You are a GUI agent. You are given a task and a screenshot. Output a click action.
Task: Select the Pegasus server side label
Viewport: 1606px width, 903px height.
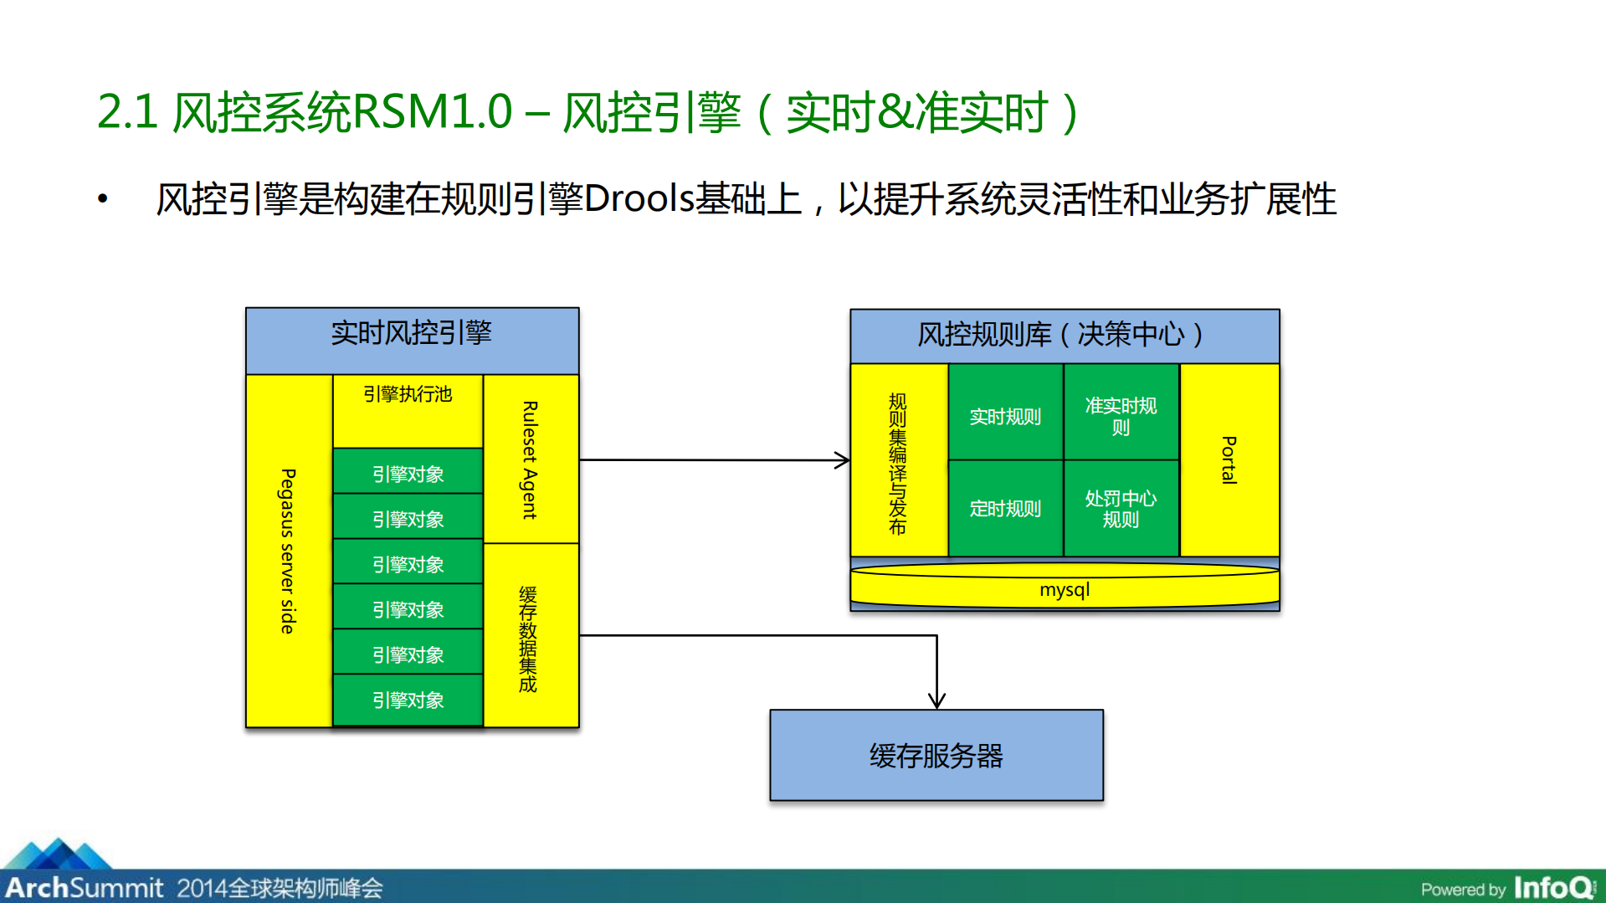288,551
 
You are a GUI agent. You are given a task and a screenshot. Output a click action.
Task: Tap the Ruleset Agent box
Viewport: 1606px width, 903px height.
531,459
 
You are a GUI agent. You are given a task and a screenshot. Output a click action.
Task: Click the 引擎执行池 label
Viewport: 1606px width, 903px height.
408,394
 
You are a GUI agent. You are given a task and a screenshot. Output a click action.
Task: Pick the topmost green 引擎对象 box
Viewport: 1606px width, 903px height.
408,473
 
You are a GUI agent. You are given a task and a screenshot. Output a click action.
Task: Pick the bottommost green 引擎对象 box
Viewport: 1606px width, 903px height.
408,700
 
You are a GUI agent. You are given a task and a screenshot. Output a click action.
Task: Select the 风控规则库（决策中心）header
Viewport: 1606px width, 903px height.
1064,335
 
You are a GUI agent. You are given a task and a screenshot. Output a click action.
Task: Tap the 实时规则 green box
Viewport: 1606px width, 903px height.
1005,416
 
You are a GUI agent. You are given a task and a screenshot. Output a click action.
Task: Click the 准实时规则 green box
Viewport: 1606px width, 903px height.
1121,416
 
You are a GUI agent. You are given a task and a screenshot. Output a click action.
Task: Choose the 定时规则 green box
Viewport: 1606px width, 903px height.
1005,508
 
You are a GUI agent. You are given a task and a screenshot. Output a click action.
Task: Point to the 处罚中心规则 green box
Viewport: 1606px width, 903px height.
1121,508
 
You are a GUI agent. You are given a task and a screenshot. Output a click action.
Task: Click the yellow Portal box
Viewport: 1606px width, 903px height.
1229,459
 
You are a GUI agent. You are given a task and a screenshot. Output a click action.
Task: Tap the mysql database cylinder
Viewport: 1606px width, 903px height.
1064,589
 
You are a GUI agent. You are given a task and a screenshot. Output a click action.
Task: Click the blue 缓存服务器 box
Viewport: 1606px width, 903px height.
936,756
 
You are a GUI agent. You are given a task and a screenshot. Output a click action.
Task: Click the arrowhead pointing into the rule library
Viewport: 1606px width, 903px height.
843,459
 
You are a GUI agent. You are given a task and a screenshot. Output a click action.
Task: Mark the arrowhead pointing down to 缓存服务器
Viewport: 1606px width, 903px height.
936,700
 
